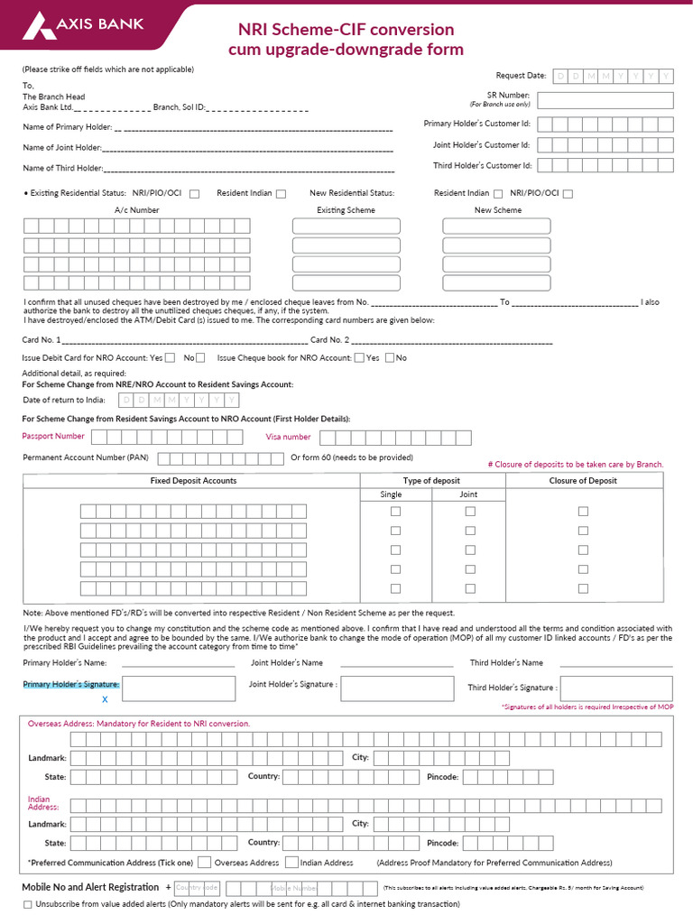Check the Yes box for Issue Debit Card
(x=171, y=358)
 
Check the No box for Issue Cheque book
(x=390, y=358)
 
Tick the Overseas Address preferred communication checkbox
(x=204, y=863)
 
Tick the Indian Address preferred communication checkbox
(x=291, y=863)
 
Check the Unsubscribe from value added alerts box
(x=27, y=904)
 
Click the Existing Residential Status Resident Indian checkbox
(x=281, y=193)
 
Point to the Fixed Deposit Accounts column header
(x=193, y=481)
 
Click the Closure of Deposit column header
(x=583, y=481)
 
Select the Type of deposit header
(x=431, y=481)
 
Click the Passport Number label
(x=53, y=437)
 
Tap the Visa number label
(x=288, y=437)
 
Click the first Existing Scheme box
(x=346, y=226)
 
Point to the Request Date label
(x=521, y=76)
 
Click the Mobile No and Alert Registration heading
(x=90, y=888)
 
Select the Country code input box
(x=197, y=888)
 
